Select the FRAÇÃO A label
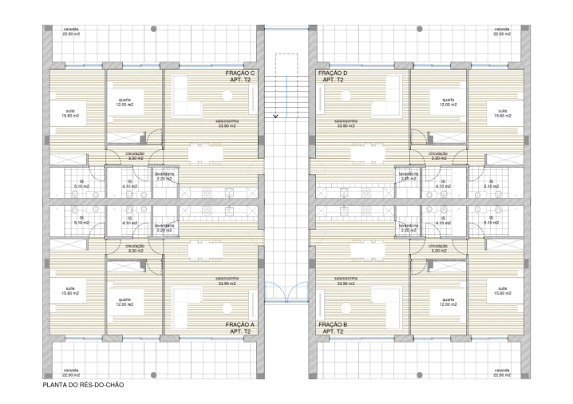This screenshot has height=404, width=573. point(240,327)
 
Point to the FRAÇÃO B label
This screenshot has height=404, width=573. point(332,327)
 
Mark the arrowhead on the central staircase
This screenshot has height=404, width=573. point(276,117)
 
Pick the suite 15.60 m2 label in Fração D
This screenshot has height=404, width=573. point(502,113)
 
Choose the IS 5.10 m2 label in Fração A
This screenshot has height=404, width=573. point(80,220)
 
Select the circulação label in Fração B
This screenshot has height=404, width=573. point(437,248)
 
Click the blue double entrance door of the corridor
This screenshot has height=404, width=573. point(286,293)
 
